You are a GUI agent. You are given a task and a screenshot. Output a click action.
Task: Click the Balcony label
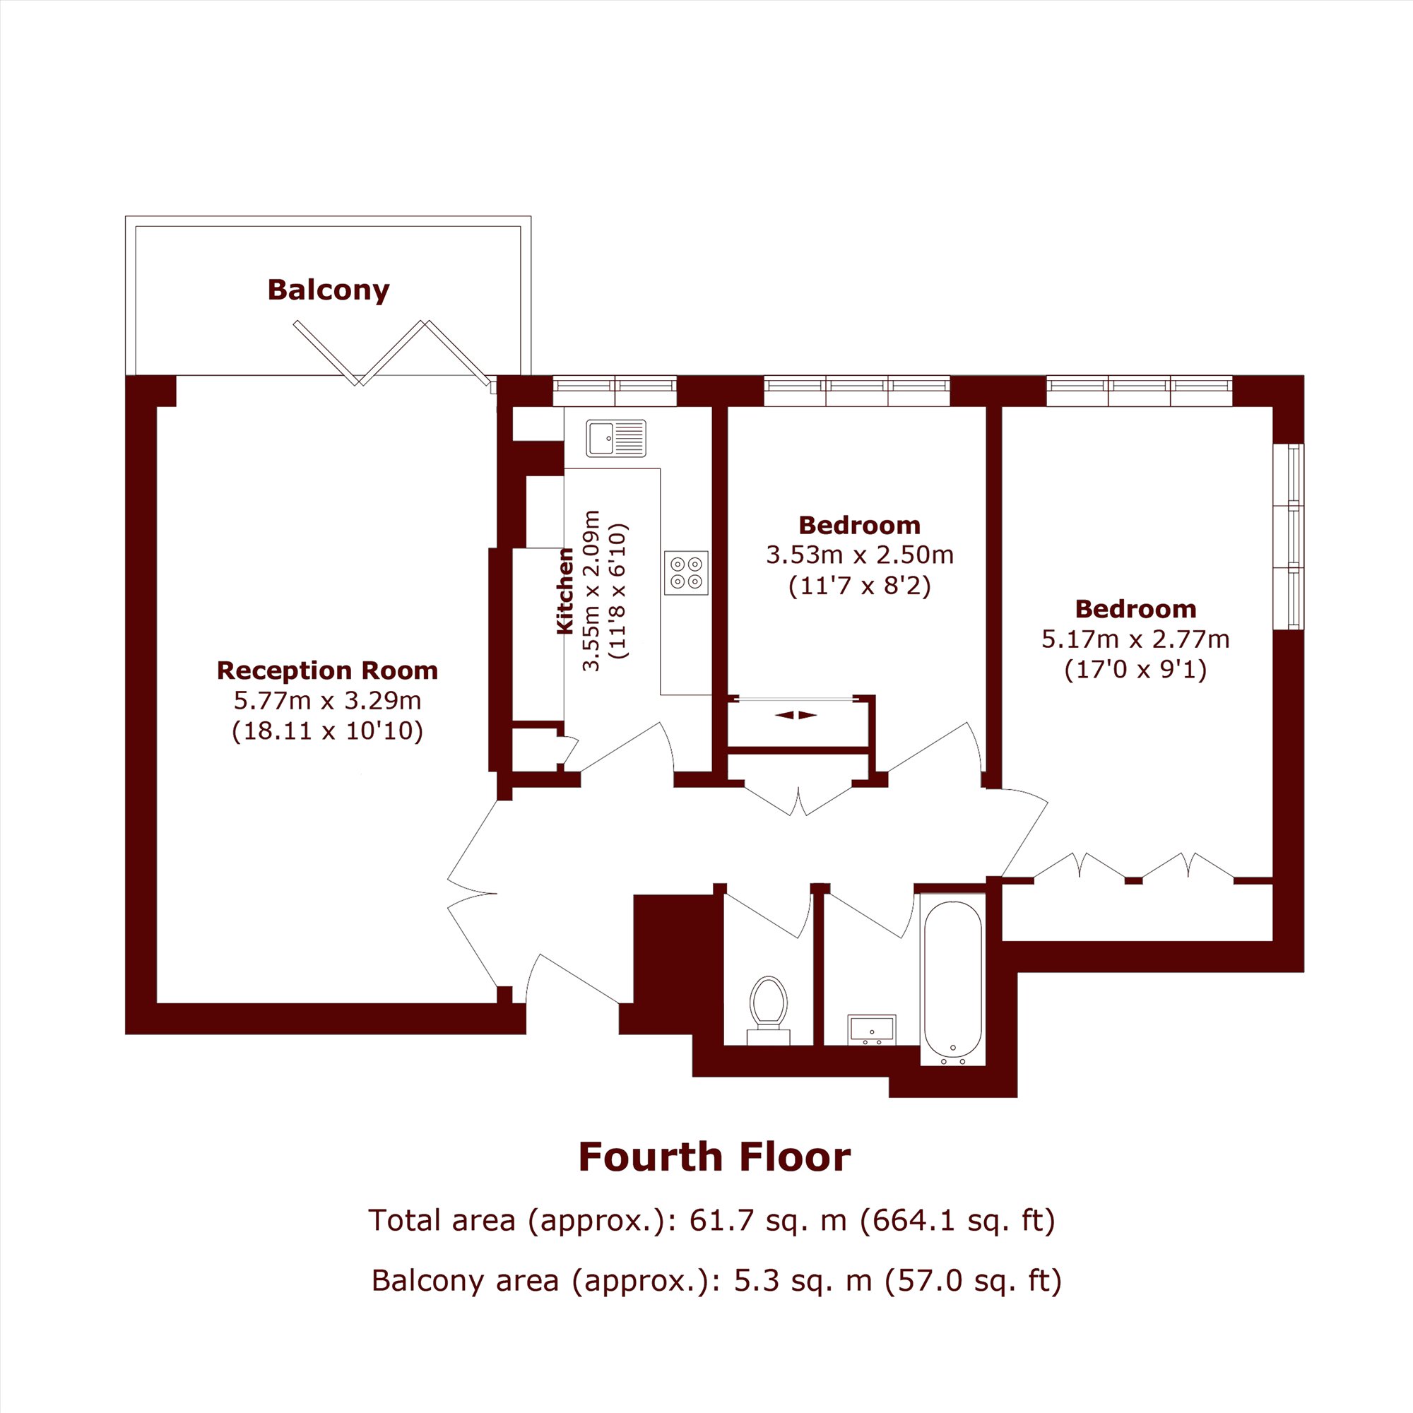329,290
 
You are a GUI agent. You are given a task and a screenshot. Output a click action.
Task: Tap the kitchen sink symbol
616,438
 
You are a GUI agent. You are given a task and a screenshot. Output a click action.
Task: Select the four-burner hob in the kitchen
686,573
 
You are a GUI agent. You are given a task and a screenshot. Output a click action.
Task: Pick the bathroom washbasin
872,1029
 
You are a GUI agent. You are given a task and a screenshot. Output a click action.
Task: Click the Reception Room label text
328,670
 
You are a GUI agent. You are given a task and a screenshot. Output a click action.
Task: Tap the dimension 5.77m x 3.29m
328,701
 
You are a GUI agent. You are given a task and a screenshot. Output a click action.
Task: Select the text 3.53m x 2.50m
860,555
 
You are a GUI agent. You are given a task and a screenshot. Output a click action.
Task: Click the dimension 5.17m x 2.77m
1136,639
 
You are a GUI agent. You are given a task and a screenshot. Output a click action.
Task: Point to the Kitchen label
565,591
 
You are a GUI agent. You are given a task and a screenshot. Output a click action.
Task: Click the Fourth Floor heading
714,1157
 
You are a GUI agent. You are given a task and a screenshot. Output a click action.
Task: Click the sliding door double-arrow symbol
796,715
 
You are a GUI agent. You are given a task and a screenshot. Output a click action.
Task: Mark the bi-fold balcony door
393,353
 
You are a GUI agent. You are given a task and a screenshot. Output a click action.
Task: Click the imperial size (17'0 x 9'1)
1136,670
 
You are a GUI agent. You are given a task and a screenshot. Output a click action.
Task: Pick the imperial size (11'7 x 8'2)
860,586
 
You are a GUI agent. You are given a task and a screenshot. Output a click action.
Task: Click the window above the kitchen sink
615,391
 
